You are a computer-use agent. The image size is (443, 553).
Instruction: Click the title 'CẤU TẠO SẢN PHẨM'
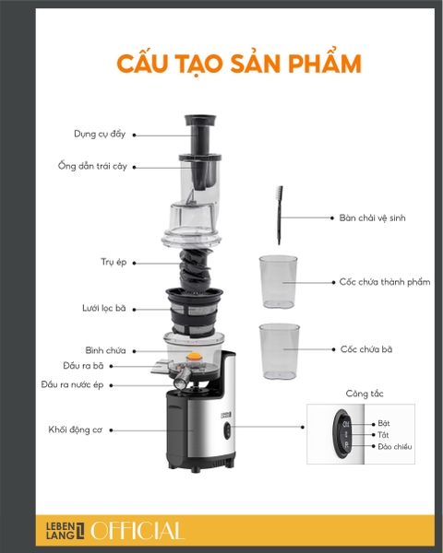[238, 64]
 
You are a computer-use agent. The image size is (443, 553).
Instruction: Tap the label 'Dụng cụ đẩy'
[100, 134]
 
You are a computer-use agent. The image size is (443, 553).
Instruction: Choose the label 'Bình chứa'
[106, 350]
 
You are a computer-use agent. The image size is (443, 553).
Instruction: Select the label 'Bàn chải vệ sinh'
[372, 218]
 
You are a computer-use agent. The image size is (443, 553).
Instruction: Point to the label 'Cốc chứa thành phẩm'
[384, 281]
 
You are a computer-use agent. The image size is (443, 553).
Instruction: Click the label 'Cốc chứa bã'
[365, 349]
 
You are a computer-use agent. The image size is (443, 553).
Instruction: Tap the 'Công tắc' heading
[365, 394]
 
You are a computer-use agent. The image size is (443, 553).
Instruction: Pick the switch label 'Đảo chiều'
[395, 446]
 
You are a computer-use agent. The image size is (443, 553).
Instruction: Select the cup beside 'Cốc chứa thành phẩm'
[277, 281]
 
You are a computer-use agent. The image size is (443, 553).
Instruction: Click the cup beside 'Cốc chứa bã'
[280, 350]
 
